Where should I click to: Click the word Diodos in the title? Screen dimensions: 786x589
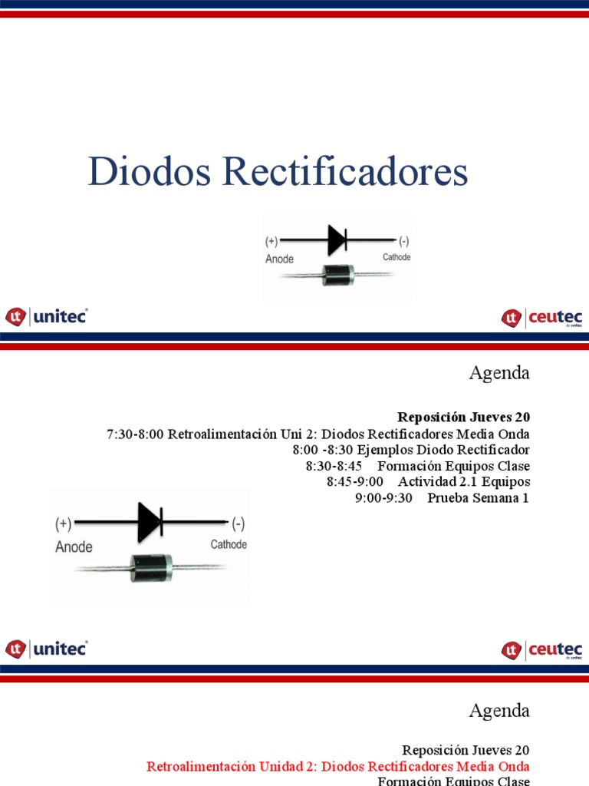click(x=150, y=172)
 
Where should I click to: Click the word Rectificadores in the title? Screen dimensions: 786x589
click(x=345, y=172)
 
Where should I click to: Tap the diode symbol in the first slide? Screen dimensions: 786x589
click(x=336, y=240)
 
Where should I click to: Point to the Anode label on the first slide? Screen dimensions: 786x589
click(x=279, y=259)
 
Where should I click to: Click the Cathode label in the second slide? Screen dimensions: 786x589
click(x=229, y=544)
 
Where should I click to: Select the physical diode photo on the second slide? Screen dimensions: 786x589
click(x=150, y=568)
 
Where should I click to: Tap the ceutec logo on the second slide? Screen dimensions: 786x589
click(x=542, y=650)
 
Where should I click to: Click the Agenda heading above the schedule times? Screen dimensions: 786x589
click(x=499, y=373)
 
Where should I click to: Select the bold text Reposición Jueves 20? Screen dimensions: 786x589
click(x=463, y=417)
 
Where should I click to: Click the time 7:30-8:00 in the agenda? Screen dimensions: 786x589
click(x=135, y=434)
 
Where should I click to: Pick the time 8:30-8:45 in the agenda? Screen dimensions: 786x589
click(x=333, y=466)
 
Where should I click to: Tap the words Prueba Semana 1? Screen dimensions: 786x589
click(x=479, y=497)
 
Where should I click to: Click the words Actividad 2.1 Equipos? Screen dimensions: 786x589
click(x=464, y=481)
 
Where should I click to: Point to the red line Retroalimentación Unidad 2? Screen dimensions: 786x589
click(x=337, y=766)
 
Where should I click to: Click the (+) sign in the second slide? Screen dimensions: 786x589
click(x=63, y=523)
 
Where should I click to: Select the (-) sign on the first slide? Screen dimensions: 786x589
click(x=403, y=239)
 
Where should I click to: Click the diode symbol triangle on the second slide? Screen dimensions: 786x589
click(x=149, y=523)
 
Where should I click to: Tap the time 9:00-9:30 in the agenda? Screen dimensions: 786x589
click(x=383, y=497)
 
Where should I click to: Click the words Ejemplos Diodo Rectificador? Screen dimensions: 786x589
click(x=443, y=450)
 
